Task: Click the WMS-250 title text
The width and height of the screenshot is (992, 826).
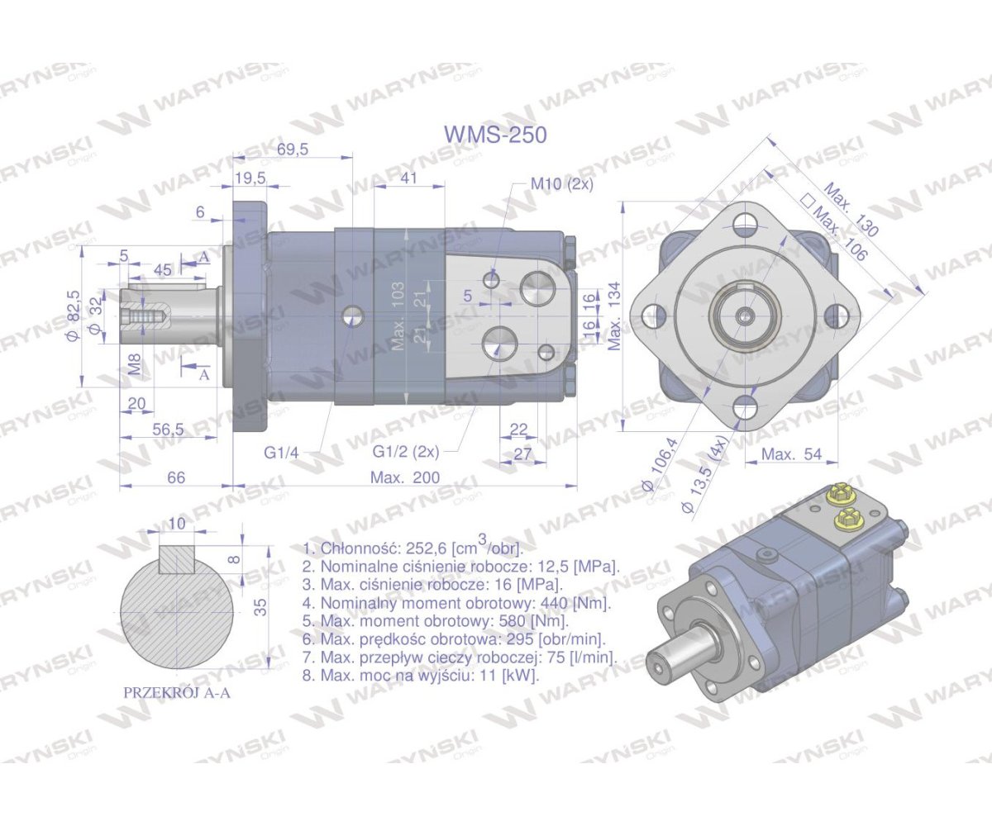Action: [495, 135]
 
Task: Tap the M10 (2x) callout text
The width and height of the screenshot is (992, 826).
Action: [561, 183]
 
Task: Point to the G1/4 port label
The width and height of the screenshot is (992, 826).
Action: [281, 452]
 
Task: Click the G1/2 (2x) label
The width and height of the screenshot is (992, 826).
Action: [406, 452]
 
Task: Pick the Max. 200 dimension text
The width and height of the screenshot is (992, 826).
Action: [404, 478]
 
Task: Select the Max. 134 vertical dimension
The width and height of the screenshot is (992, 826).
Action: [614, 315]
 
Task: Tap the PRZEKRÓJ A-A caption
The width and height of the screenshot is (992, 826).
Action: [176, 693]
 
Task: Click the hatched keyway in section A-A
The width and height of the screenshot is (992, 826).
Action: [177, 561]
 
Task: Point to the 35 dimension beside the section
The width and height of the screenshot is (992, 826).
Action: [260, 607]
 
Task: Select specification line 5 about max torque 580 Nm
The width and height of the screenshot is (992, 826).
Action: [436, 621]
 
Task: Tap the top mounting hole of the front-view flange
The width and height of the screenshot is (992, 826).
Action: [746, 221]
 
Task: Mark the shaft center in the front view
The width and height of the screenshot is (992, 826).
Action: [746, 315]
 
